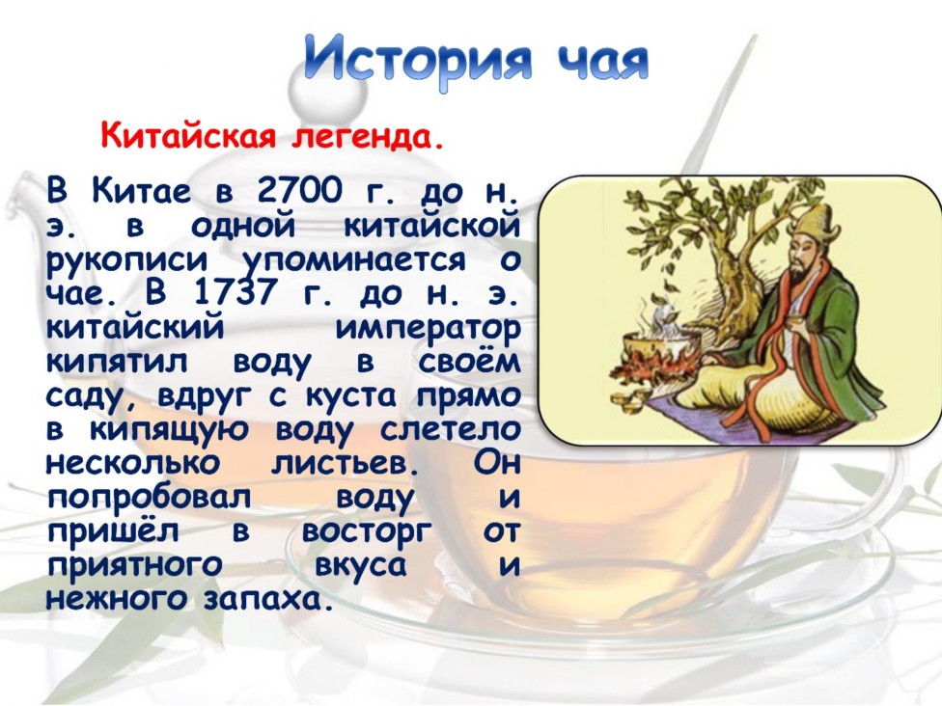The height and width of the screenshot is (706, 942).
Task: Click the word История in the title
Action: pos(417,61)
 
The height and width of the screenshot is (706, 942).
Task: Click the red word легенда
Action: pos(368,138)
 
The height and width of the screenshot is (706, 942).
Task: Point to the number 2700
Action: pos(299,190)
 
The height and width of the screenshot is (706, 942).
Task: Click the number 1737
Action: pos(236,292)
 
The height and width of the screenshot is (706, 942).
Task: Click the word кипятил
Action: pos(117,363)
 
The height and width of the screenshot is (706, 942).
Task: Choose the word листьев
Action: pos(345,464)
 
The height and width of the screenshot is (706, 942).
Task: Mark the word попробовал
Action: pos(149,499)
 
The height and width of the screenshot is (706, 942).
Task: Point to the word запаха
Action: pos(268,600)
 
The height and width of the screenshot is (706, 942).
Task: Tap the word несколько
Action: pos(133,464)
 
